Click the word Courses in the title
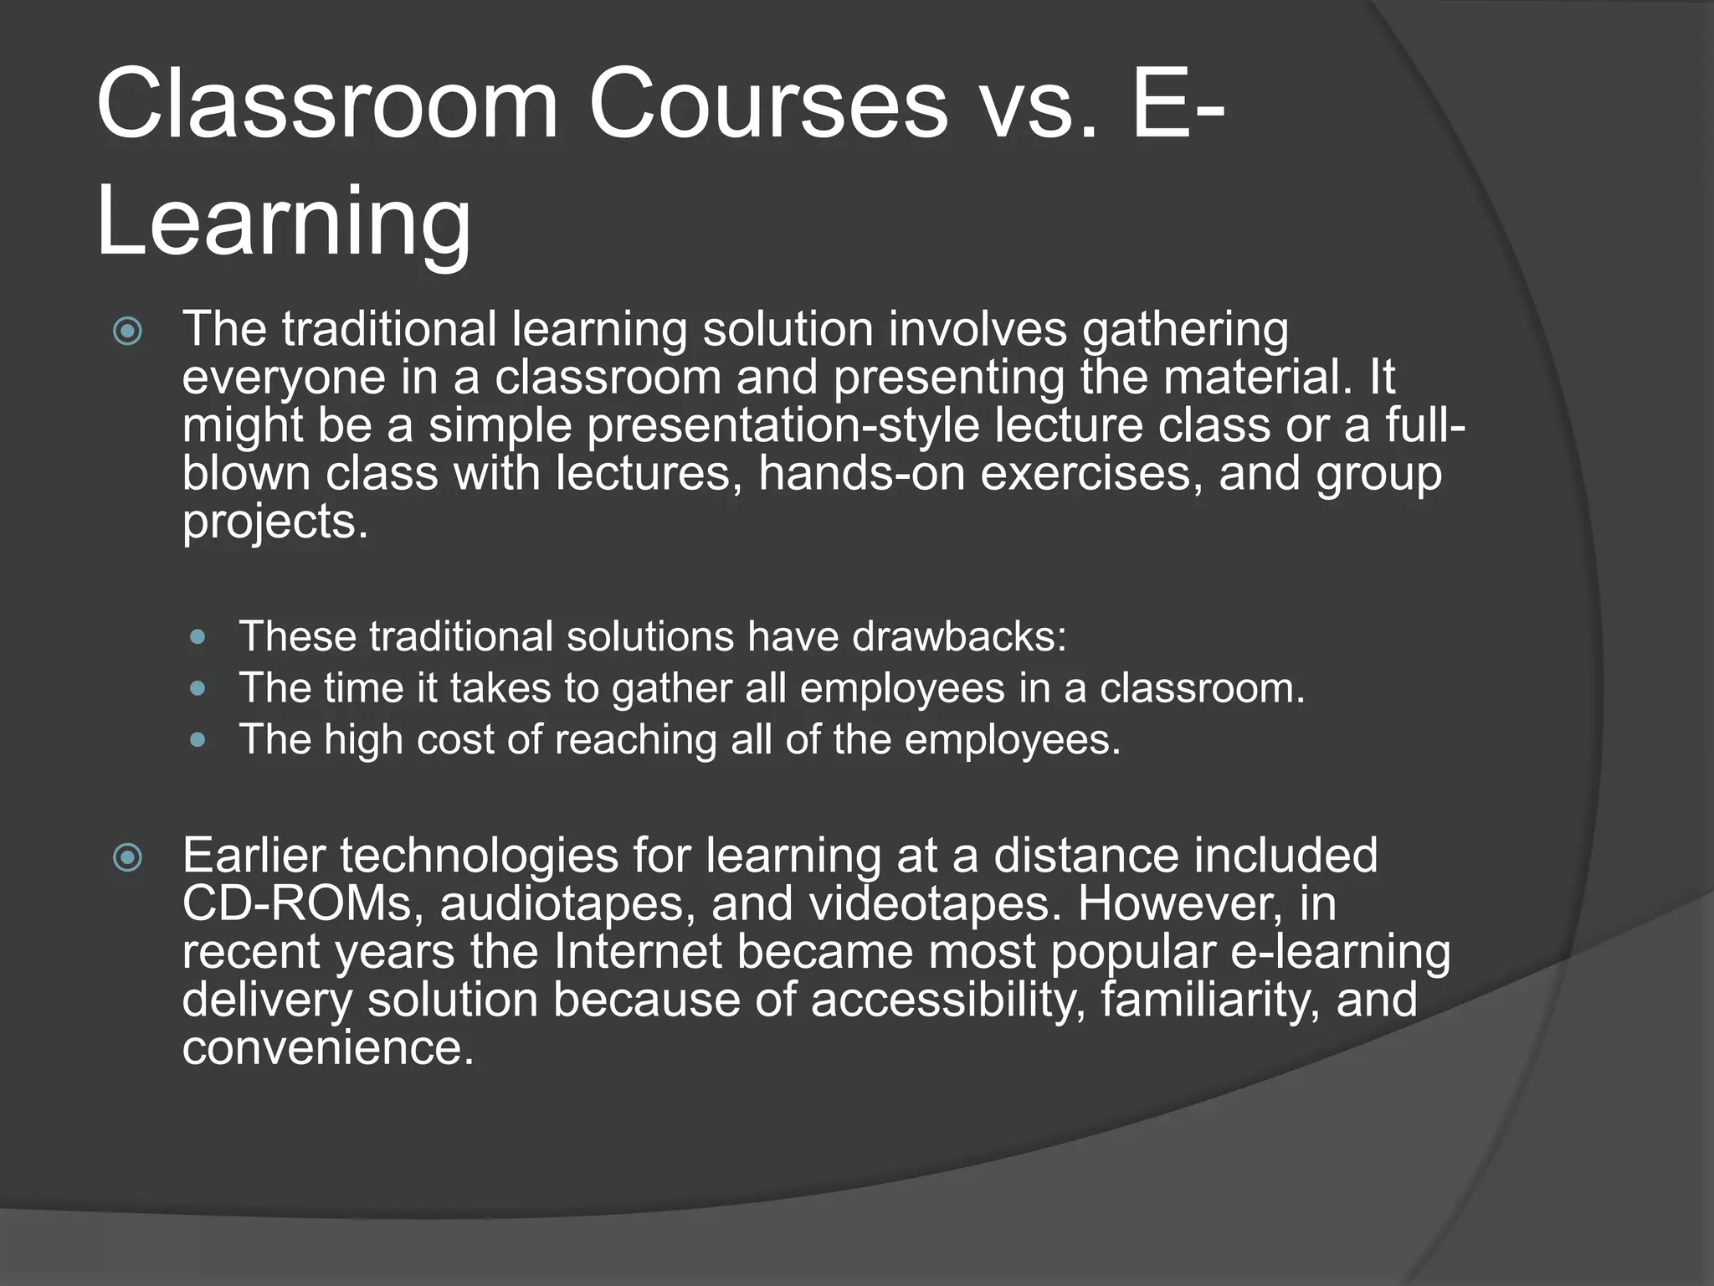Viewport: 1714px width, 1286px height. [x=768, y=105]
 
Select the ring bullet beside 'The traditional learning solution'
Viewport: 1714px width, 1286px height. [x=127, y=332]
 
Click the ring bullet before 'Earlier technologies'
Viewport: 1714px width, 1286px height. [x=127, y=857]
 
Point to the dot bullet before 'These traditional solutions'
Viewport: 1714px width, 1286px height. [x=198, y=637]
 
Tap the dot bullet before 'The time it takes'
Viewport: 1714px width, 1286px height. [x=198, y=689]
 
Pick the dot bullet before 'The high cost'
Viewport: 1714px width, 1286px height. [x=198, y=740]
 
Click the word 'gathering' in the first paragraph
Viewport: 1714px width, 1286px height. [x=1185, y=330]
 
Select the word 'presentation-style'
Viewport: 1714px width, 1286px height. [x=783, y=425]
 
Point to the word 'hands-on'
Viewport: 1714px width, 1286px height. [x=861, y=473]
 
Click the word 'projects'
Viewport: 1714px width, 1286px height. [x=270, y=522]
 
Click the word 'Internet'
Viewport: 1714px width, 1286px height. [x=638, y=952]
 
